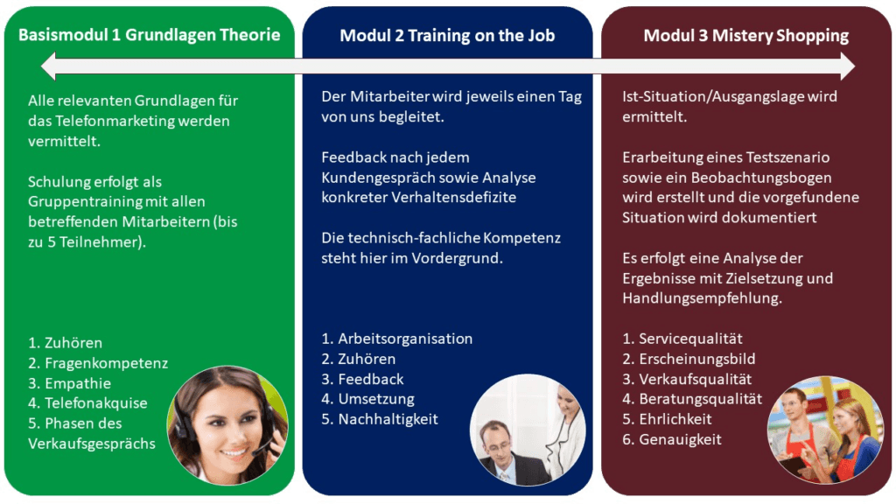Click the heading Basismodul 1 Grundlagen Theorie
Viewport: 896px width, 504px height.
[149, 35]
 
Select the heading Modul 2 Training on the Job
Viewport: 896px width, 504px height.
[447, 35]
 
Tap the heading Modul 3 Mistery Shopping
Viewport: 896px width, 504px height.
[746, 35]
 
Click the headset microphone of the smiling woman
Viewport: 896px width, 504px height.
[261, 449]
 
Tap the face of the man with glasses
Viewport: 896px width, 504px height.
[495, 446]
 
